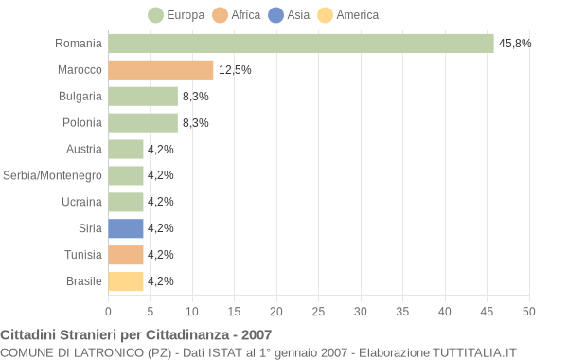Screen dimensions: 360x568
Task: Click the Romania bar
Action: coord(300,44)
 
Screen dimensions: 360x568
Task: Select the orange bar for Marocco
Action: coord(160,70)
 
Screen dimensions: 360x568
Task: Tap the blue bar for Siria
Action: coord(125,228)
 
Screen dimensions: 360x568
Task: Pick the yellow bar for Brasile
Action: coord(125,281)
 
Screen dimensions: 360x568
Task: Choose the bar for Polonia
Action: coord(143,123)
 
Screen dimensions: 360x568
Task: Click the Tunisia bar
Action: coord(125,255)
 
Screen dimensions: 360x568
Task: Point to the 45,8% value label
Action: coord(515,44)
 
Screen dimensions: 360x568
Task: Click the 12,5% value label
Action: coord(235,70)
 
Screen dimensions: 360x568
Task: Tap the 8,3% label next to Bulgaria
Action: coord(196,97)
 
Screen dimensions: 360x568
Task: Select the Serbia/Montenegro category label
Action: coord(52,175)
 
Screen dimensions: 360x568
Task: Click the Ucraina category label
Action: coord(81,202)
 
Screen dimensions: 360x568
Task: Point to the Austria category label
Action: coord(84,149)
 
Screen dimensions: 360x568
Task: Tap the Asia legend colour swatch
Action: coord(275,15)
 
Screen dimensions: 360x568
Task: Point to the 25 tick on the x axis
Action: coord(318,311)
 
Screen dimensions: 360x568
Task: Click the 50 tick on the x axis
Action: coord(529,311)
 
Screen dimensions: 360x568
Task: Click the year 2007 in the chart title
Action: coord(256,334)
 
